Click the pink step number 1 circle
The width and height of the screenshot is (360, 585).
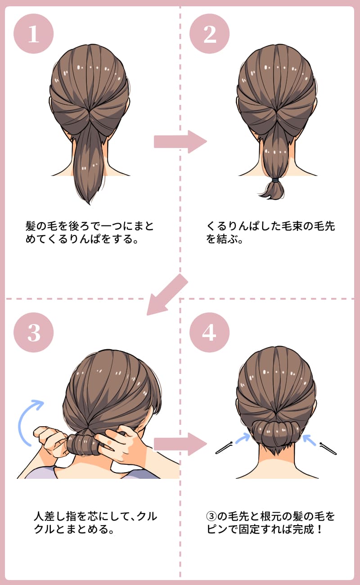tap(34, 34)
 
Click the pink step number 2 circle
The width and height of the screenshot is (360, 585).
tap(209, 34)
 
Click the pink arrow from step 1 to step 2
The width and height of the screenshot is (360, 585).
tap(179, 142)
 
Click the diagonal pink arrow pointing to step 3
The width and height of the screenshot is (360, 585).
tap(166, 295)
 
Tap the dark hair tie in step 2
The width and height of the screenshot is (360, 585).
tap(275, 180)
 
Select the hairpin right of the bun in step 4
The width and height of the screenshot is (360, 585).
tap(328, 448)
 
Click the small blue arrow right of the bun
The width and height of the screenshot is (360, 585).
tap(310, 438)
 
